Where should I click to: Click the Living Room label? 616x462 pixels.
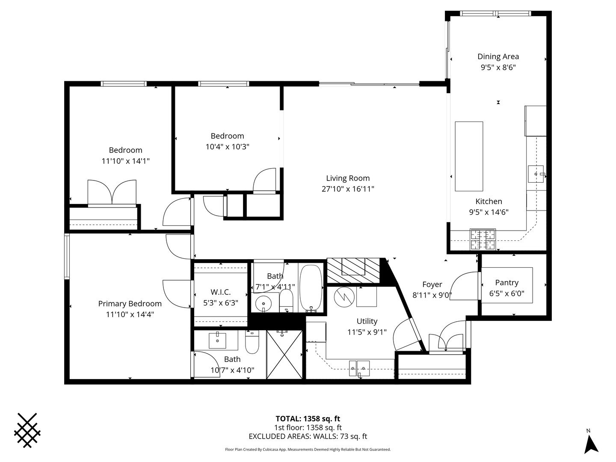pyautogui.click(x=348, y=178)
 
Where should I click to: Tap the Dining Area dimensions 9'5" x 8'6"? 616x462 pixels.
pyautogui.click(x=498, y=67)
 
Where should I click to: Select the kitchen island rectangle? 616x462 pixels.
pyautogui.click(x=469, y=156)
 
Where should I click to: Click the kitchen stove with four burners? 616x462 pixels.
pyautogui.click(x=483, y=240)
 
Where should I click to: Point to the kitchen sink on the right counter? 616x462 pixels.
pyautogui.click(x=536, y=174)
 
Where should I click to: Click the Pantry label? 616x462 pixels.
pyautogui.click(x=506, y=283)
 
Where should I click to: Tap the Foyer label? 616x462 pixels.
pyautogui.click(x=432, y=284)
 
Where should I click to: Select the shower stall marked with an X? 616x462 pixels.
pyautogui.click(x=284, y=354)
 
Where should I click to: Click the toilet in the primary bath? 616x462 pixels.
pyautogui.click(x=252, y=343)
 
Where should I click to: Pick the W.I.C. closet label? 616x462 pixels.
pyautogui.click(x=220, y=292)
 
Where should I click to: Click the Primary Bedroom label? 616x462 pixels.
pyautogui.click(x=130, y=304)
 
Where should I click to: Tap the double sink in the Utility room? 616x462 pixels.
pyautogui.click(x=359, y=367)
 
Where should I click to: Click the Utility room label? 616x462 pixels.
pyautogui.click(x=367, y=321)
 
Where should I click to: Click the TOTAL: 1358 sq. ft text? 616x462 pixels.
pyautogui.click(x=308, y=419)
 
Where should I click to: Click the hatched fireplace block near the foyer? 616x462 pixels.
pyautogui.click(x=353, y=270)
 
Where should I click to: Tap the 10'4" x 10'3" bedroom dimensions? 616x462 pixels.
pyautogui.click(x=227, y=147)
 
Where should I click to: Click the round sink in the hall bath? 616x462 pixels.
pyautogui.click(x=263, y=304)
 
